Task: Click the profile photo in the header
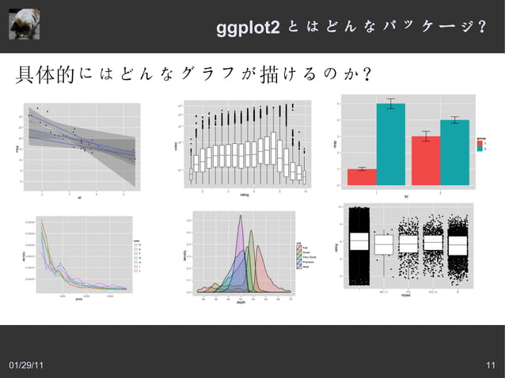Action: tap(24, 22)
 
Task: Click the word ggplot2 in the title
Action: tap(248, 28)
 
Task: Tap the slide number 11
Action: tap(491, 365)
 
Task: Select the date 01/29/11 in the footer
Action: tap(26, 365)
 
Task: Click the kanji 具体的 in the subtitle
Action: tap(45, 76)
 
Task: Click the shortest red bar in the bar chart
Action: tap(362, 176)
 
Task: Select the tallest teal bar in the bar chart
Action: tap(391, 144)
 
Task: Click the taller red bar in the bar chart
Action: tap(425, 160)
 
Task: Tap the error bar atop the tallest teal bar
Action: tap(391, 104)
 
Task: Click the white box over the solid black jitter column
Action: tap(359, 242)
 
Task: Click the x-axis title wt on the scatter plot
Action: tap(80, 198)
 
